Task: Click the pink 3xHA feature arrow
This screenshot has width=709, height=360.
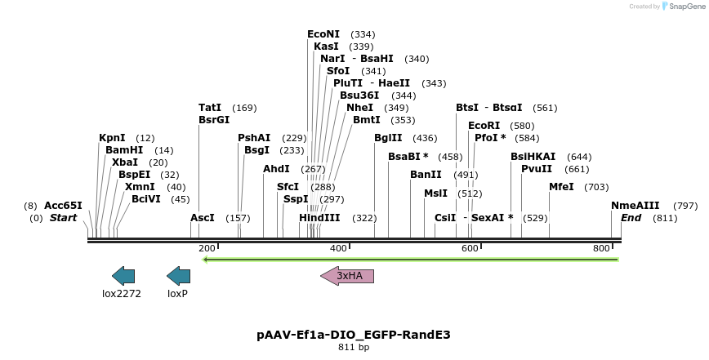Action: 347,276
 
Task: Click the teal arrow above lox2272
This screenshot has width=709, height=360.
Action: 123,276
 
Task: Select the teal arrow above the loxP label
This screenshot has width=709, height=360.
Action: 178,276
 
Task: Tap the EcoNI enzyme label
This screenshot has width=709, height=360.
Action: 323,34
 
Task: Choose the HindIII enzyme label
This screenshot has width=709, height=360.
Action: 319,218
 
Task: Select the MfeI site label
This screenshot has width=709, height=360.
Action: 561,187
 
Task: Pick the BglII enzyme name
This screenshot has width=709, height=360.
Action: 389,138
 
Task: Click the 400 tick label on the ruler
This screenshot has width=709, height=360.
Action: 338,248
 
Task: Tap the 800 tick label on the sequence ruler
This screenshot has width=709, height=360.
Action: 602,248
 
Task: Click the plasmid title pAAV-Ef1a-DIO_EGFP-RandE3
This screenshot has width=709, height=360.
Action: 354,335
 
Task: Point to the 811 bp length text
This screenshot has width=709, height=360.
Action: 354,347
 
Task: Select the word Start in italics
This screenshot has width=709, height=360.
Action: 63,218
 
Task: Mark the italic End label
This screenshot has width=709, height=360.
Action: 631,218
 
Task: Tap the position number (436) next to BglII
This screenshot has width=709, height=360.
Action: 425,138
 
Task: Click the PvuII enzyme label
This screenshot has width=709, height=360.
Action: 537,169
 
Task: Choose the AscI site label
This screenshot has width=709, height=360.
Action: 203,218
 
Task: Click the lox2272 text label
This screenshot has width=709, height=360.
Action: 122,293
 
